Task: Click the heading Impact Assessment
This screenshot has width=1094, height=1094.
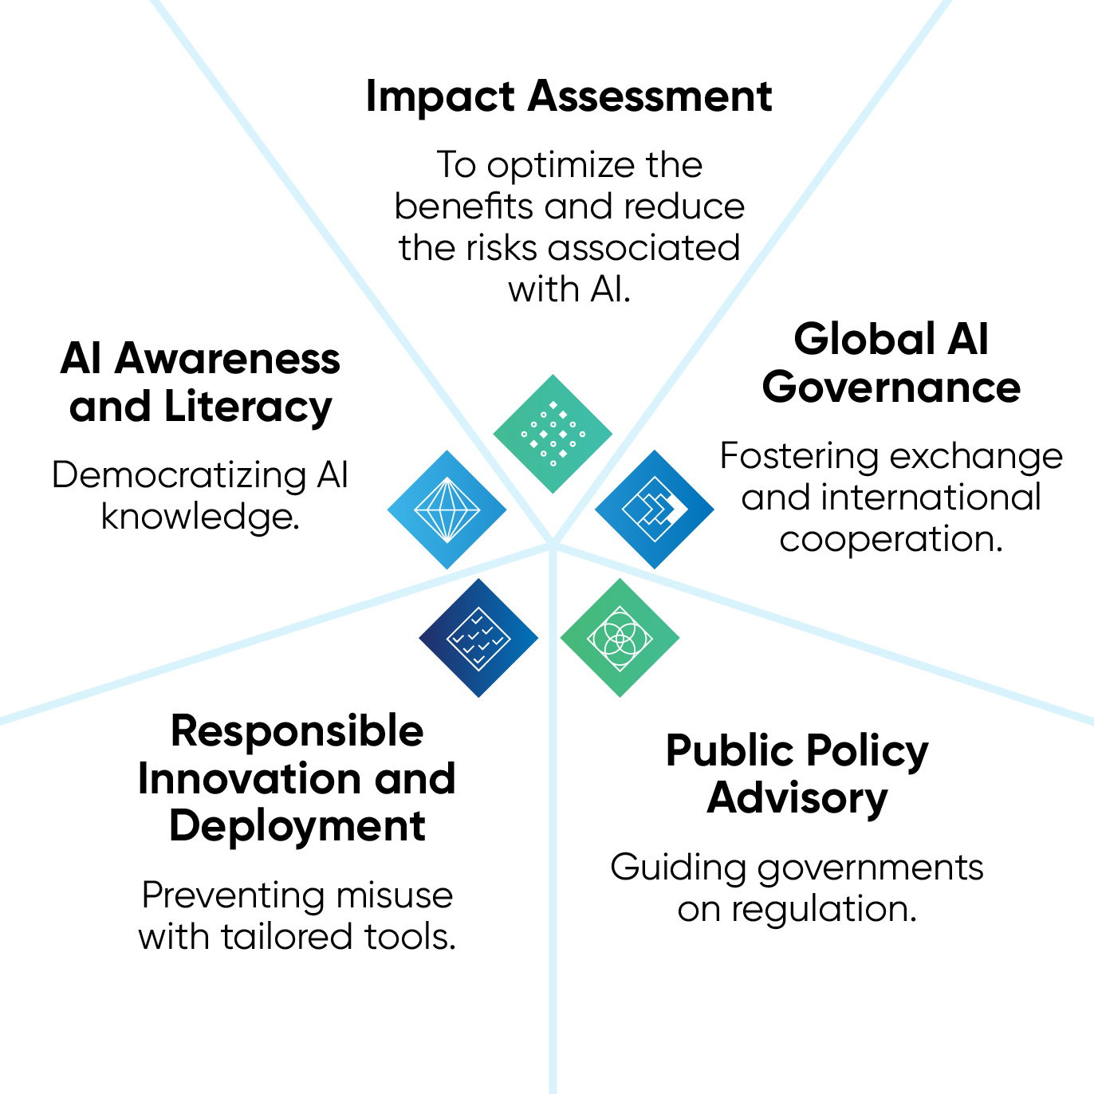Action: tap(569, 96)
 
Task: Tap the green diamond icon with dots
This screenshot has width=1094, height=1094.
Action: tap(553, 434)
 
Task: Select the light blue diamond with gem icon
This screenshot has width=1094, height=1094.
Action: tap(447, 510)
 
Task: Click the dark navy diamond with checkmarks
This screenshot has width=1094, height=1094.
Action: tap(478, 638)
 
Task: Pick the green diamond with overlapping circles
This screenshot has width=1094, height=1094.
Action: tap(620, 638)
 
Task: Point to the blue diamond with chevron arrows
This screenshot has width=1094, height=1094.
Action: tap(655, 510)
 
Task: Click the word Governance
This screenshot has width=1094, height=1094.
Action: tap(891, 388)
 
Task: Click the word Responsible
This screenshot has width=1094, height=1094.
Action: tap(297, 731)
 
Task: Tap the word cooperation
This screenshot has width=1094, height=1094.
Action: tap(891, 540)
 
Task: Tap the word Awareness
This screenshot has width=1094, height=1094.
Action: tap(227, 360)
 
